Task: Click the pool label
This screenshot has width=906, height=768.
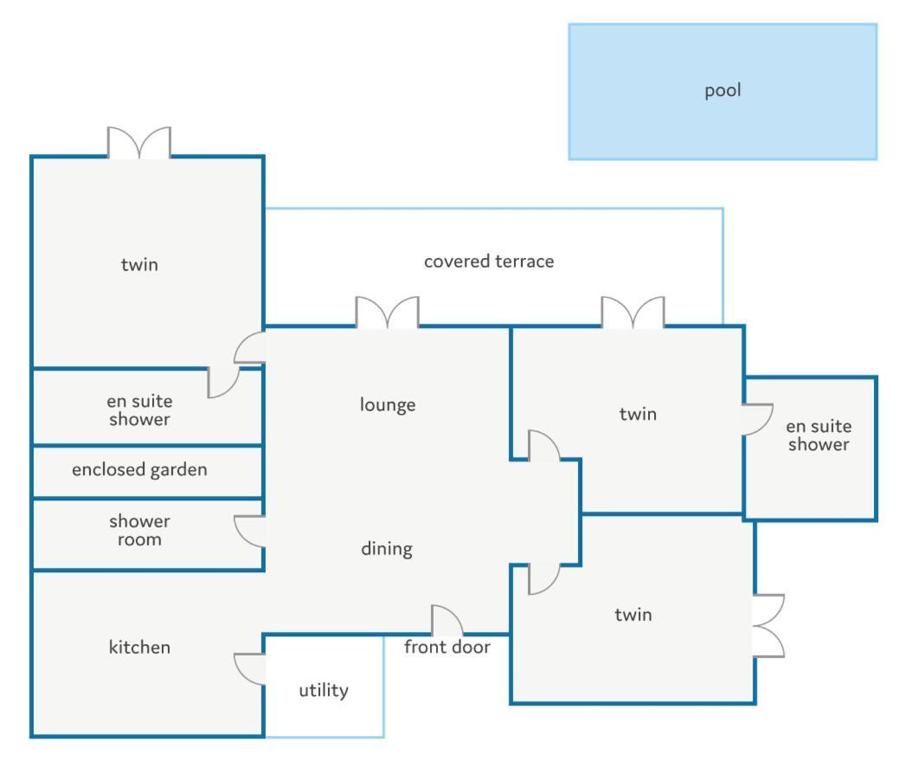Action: coord(723,90)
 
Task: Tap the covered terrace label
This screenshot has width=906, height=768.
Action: coord(488,261)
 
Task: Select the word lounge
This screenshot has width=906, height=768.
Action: coord(388,404)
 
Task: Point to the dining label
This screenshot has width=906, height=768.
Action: coord(386,548)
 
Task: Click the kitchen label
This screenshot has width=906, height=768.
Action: coord(139,647)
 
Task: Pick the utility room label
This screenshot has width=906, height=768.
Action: coord(323,690)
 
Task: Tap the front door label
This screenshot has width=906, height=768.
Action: coord(447,647)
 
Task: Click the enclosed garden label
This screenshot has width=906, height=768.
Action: coord(139,469)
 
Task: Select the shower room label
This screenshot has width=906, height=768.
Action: coord(139,530)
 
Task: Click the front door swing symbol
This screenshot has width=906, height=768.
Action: coord(447,620)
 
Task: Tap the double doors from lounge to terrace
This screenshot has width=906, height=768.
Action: coord(387,313)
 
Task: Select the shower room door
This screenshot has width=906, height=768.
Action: coord(249,530)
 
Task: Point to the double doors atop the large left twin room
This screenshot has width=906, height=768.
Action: coord(138,143)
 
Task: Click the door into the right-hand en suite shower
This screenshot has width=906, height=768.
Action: coord(758,419)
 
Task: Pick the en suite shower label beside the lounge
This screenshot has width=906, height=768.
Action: coord(139,410)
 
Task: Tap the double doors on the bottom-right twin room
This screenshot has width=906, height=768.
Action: coord(768,625)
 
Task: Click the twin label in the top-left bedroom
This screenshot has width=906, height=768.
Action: coord(139,264)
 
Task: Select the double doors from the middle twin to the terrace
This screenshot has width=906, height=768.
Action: coord(633,313)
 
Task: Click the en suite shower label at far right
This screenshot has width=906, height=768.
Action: coord(818,436)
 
